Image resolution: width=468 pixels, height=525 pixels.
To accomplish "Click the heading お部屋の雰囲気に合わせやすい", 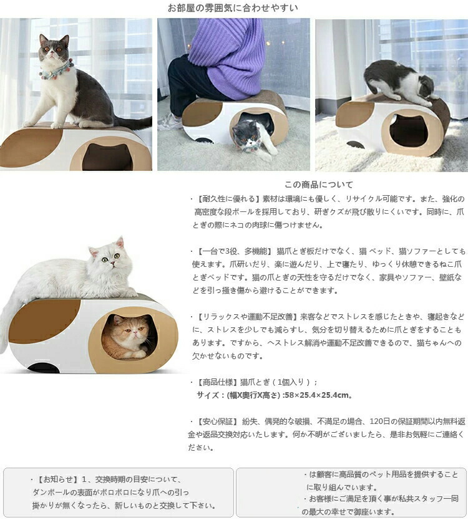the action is [x=233, y=7].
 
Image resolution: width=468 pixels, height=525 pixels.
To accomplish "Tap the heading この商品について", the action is [x=319, y=185].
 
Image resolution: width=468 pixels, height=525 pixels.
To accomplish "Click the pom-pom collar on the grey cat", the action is [x=56, y=70].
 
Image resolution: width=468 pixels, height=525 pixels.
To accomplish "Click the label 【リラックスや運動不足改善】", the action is [x=246, y=317].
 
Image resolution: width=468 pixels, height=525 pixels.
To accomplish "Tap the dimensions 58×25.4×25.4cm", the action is [x=316, y=395].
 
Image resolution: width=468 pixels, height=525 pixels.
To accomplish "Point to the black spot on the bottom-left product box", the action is [x=44, y=368].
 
